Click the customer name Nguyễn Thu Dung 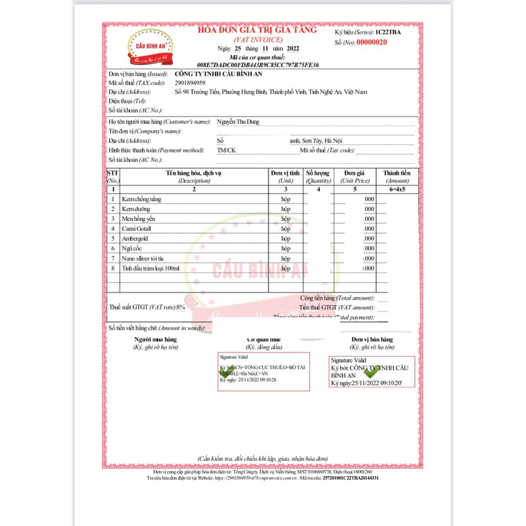239,122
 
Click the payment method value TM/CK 226,150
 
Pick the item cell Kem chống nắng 142,199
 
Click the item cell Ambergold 136,238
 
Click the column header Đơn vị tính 286,172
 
